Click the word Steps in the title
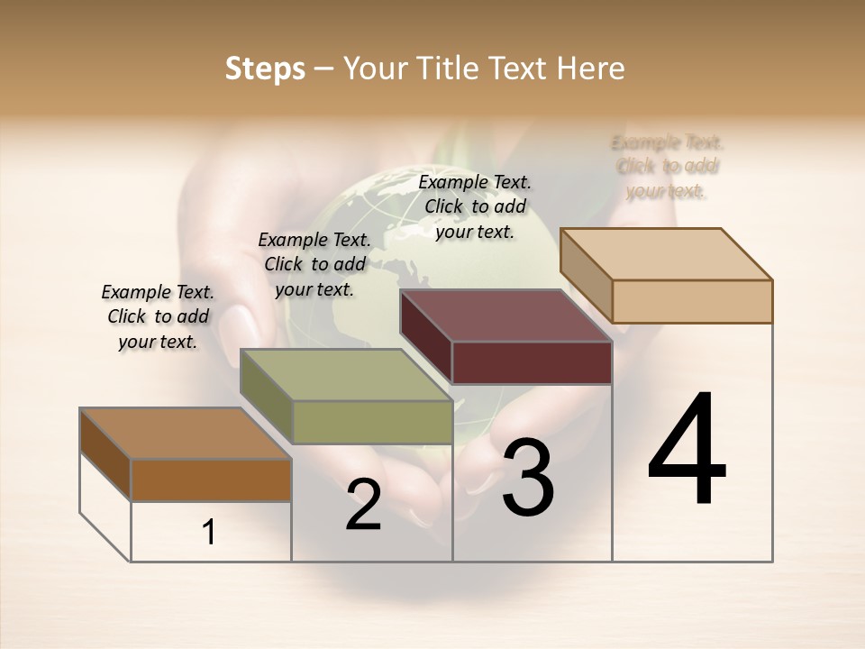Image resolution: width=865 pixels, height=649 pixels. coord(265,69)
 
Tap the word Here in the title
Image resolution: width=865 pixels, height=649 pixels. coord(591,69)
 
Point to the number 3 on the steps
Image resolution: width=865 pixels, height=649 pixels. coord(528,478)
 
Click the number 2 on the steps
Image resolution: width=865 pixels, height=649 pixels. coord(363,505)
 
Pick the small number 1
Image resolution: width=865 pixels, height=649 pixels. coord(209,533)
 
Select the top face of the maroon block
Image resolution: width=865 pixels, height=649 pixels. coord(505,316)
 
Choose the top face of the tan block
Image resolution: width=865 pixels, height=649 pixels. coord(666,254)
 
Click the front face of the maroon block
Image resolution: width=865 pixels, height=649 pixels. coord(532,363)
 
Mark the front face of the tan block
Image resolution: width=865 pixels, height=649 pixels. coord(692,301)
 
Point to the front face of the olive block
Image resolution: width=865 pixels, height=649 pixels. coord(371,422)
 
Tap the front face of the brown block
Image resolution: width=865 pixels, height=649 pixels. coord(211,480)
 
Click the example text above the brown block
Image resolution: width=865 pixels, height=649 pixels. coord(158,316)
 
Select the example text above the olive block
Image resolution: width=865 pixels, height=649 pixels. coord(314,264)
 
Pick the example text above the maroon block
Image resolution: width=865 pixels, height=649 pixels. coord(475,206)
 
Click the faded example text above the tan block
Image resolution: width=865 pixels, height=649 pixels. coord(667,166)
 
